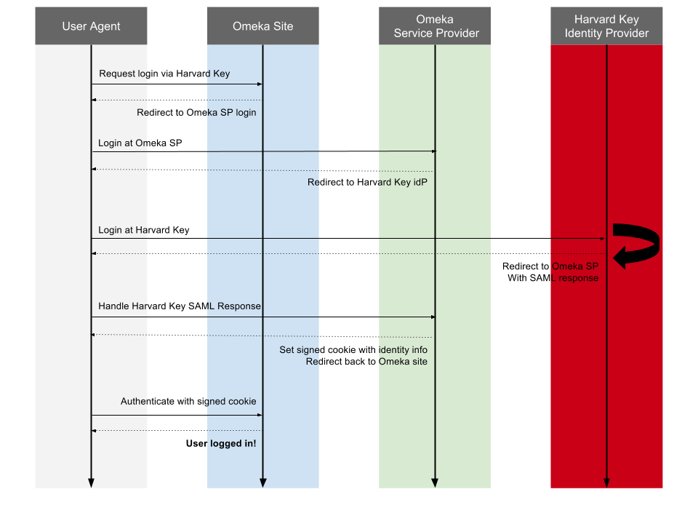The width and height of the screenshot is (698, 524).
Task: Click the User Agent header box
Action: (91, 26)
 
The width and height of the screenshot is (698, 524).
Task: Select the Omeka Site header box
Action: (262, 26)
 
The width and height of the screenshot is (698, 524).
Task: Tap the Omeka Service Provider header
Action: (436, 26)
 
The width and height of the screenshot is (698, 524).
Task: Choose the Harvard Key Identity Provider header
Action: (606, 26)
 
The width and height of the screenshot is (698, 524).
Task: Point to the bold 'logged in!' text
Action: (233, 443)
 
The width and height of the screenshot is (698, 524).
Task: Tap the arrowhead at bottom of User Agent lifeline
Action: (91, 483)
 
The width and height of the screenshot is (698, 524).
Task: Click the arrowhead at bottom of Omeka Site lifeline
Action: (262, 483)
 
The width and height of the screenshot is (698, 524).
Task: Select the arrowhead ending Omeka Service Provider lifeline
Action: (435, 483)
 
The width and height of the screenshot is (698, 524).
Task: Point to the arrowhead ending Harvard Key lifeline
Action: (606, 483)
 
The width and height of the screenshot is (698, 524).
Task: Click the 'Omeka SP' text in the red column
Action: (575, 266)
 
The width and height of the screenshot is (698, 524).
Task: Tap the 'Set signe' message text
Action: (299, 350)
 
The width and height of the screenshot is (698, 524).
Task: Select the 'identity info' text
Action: (404, 350)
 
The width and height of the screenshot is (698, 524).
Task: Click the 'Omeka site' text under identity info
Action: (403, 362)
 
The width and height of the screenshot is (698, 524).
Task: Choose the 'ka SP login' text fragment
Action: (232, 113)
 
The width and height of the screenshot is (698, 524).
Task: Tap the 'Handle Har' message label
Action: (124, 306)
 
